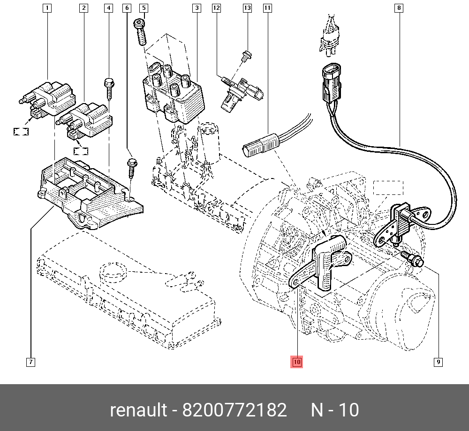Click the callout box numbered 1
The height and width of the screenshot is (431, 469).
[47, 8]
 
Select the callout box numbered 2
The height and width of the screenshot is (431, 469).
[83, 8]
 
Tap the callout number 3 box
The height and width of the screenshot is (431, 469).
[197, 8]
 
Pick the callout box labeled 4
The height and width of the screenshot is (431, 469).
[108, 8]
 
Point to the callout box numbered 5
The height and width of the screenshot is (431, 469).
[144, 8]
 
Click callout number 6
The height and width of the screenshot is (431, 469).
[126, 8]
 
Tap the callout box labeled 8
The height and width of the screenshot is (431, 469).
[399, 8]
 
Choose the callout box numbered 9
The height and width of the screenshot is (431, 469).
[438, 362]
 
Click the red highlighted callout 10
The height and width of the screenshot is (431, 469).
[297, 362]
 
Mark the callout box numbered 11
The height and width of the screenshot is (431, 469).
[267, 8]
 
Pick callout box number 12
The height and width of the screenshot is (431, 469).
[216, 8]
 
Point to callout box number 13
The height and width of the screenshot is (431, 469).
[247, 8]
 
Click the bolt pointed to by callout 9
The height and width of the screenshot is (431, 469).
[412, 259]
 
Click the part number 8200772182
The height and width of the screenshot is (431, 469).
[234, 410]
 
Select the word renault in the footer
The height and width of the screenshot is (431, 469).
[138, 410]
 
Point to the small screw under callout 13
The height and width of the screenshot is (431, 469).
[245, 56]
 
